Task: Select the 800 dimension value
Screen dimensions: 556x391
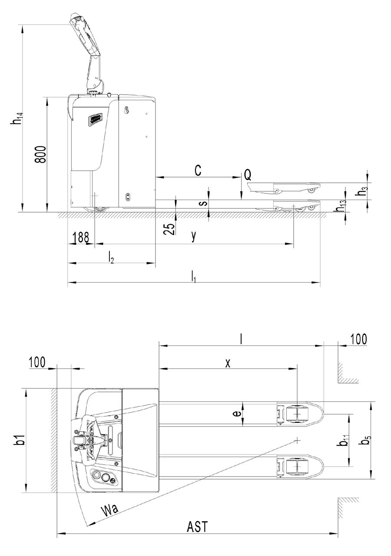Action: pyautogui.click(x=40, y=154)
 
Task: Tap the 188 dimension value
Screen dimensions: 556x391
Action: pyautogui.click(x=81, y=237)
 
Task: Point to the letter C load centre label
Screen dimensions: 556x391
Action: pyautogui.click(x=198, y=171)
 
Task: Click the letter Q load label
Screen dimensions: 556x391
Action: pyautogui.click(x=248, y=175)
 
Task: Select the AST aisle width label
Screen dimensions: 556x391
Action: pyautogui.click(x=197, y=526)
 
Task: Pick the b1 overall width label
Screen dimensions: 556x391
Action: pyautogui.click(x=19, y=441)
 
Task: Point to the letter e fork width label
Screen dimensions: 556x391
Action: pyautogui.click(x=237, y=414)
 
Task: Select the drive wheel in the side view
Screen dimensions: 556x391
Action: pyautogui.click(x=100, y=209)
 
